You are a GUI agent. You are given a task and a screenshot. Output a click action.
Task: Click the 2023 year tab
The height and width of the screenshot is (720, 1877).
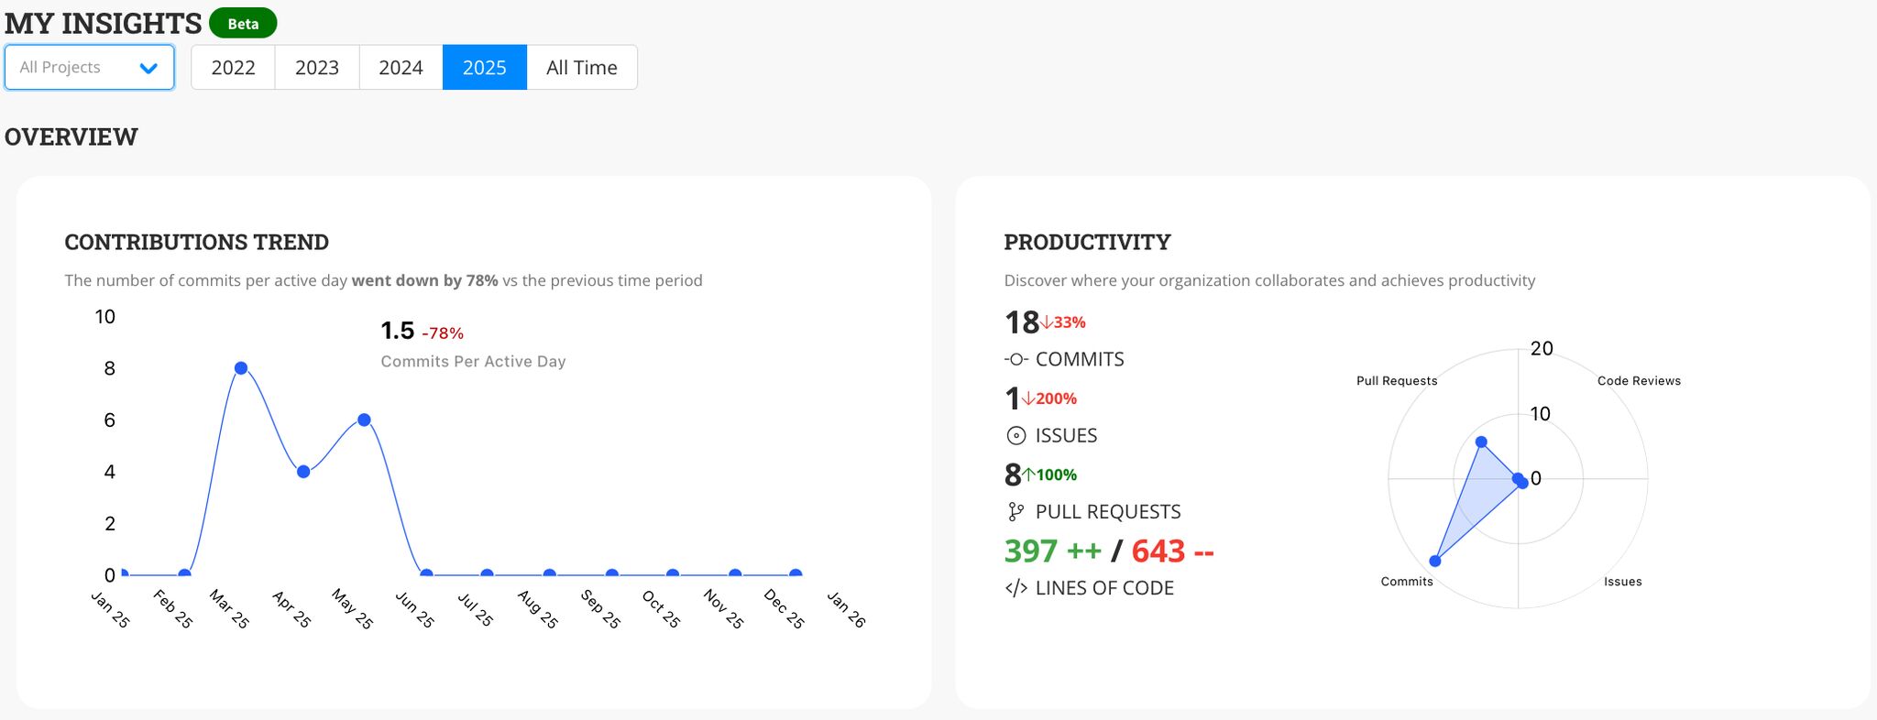[x=317, y=68]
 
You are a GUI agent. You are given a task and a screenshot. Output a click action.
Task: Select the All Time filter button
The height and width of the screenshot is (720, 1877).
[x=581, y=68]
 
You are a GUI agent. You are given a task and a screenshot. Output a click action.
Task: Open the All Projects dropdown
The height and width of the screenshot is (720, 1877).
[x=89, y=68]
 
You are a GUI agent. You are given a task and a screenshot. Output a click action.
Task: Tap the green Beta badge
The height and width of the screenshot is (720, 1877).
[x=243, y=24]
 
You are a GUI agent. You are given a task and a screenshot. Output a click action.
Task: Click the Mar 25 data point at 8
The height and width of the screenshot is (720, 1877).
[x=241, y=368]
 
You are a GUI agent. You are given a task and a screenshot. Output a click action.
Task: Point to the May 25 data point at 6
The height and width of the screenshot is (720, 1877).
[x=364, y=420]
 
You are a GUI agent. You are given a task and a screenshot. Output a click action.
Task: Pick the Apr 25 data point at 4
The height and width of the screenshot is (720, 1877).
[x=303, y=472]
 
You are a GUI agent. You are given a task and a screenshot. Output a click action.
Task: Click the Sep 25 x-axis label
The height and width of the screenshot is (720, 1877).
[x=601, y=609]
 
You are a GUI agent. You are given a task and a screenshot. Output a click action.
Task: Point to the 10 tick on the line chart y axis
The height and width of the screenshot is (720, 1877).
[x=105, y=317]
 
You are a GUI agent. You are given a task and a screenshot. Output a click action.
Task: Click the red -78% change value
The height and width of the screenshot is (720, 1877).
[x=443, y=333]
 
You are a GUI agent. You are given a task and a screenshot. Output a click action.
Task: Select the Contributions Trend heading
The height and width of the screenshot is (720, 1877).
[x=196, y=242]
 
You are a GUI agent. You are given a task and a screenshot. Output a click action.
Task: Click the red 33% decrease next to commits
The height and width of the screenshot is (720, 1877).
[x=1064, y=322]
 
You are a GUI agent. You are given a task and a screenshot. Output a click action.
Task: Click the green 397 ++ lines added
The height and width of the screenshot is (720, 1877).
[x=1052, y=551]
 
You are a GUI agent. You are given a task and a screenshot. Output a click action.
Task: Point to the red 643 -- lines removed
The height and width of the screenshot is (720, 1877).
[x=1172, y=551]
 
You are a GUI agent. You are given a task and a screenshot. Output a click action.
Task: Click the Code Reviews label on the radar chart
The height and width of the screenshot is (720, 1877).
[x=1639, y=381]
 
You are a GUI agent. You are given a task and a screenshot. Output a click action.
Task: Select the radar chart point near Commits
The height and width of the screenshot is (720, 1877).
[x=1435, y=561]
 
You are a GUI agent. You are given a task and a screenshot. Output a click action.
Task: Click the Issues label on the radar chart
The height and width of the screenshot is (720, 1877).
[x=1622, y=582]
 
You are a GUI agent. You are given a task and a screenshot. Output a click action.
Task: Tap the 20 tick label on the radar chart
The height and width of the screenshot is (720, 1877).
[x=1542, y=348]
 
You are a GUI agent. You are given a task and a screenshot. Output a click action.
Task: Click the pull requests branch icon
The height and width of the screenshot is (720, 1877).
[x=1015, y=512]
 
